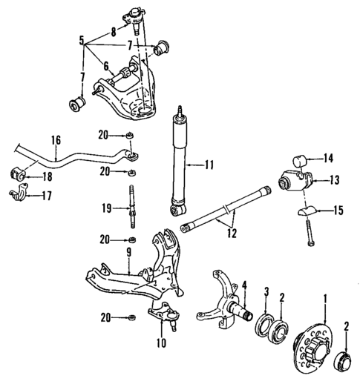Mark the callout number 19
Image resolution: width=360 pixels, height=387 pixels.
pyautogui.click(x=107, y=208)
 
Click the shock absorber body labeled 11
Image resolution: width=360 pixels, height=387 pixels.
pyautogui.click(x=180, y=159)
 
